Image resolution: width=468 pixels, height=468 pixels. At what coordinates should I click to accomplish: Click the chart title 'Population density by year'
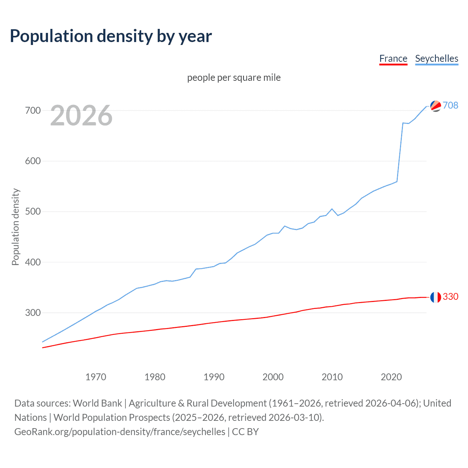tap(111, 36)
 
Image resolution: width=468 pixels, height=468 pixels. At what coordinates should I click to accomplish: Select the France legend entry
tap(393, 58)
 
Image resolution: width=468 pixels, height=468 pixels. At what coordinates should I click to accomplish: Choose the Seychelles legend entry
tap(437, 58)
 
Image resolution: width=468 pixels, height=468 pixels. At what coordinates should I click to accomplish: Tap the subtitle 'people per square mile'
tap(234, 78)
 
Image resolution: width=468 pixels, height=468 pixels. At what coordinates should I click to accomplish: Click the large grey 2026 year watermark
tap(81, 116)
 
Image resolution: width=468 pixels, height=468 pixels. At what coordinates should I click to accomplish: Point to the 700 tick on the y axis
tap(33, 110)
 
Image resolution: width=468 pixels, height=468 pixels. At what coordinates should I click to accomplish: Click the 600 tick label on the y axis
tap(33, 161)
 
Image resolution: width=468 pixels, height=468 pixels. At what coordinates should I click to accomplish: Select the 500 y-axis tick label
tap(33, 212)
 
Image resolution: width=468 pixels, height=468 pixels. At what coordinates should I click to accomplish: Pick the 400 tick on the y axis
tap(33, 262)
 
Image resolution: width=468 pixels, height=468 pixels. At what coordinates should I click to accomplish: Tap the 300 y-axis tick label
tap(33, 313)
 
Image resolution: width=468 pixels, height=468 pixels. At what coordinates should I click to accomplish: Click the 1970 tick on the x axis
tap(96, 377)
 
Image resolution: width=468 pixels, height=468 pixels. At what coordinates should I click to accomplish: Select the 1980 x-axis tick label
tap(155, 377)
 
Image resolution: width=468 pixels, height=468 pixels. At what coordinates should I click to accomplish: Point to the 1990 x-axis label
tap(214, 377)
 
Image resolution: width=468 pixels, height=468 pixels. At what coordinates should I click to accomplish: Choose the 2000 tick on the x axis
tap(273, 377)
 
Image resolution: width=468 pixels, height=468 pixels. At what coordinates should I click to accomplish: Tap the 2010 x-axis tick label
tap(332, 377)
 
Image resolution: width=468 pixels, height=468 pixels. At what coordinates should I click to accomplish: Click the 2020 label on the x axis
tap(391, 377)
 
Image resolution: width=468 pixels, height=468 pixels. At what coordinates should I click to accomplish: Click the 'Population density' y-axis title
tap(15, 227)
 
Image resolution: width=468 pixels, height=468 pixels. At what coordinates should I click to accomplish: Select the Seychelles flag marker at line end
tap(435, 106)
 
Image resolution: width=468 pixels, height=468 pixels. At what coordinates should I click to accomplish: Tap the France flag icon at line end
tap(435, 297)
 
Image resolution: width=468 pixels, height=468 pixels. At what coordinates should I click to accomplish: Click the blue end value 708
tap(450, 105)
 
